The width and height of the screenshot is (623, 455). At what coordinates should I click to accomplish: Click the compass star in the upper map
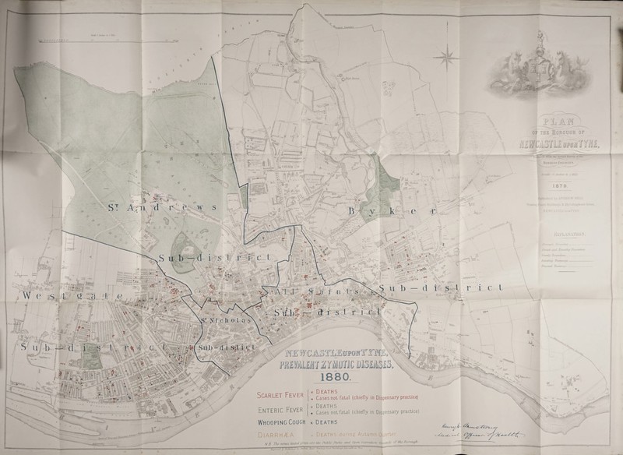(449, 55)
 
